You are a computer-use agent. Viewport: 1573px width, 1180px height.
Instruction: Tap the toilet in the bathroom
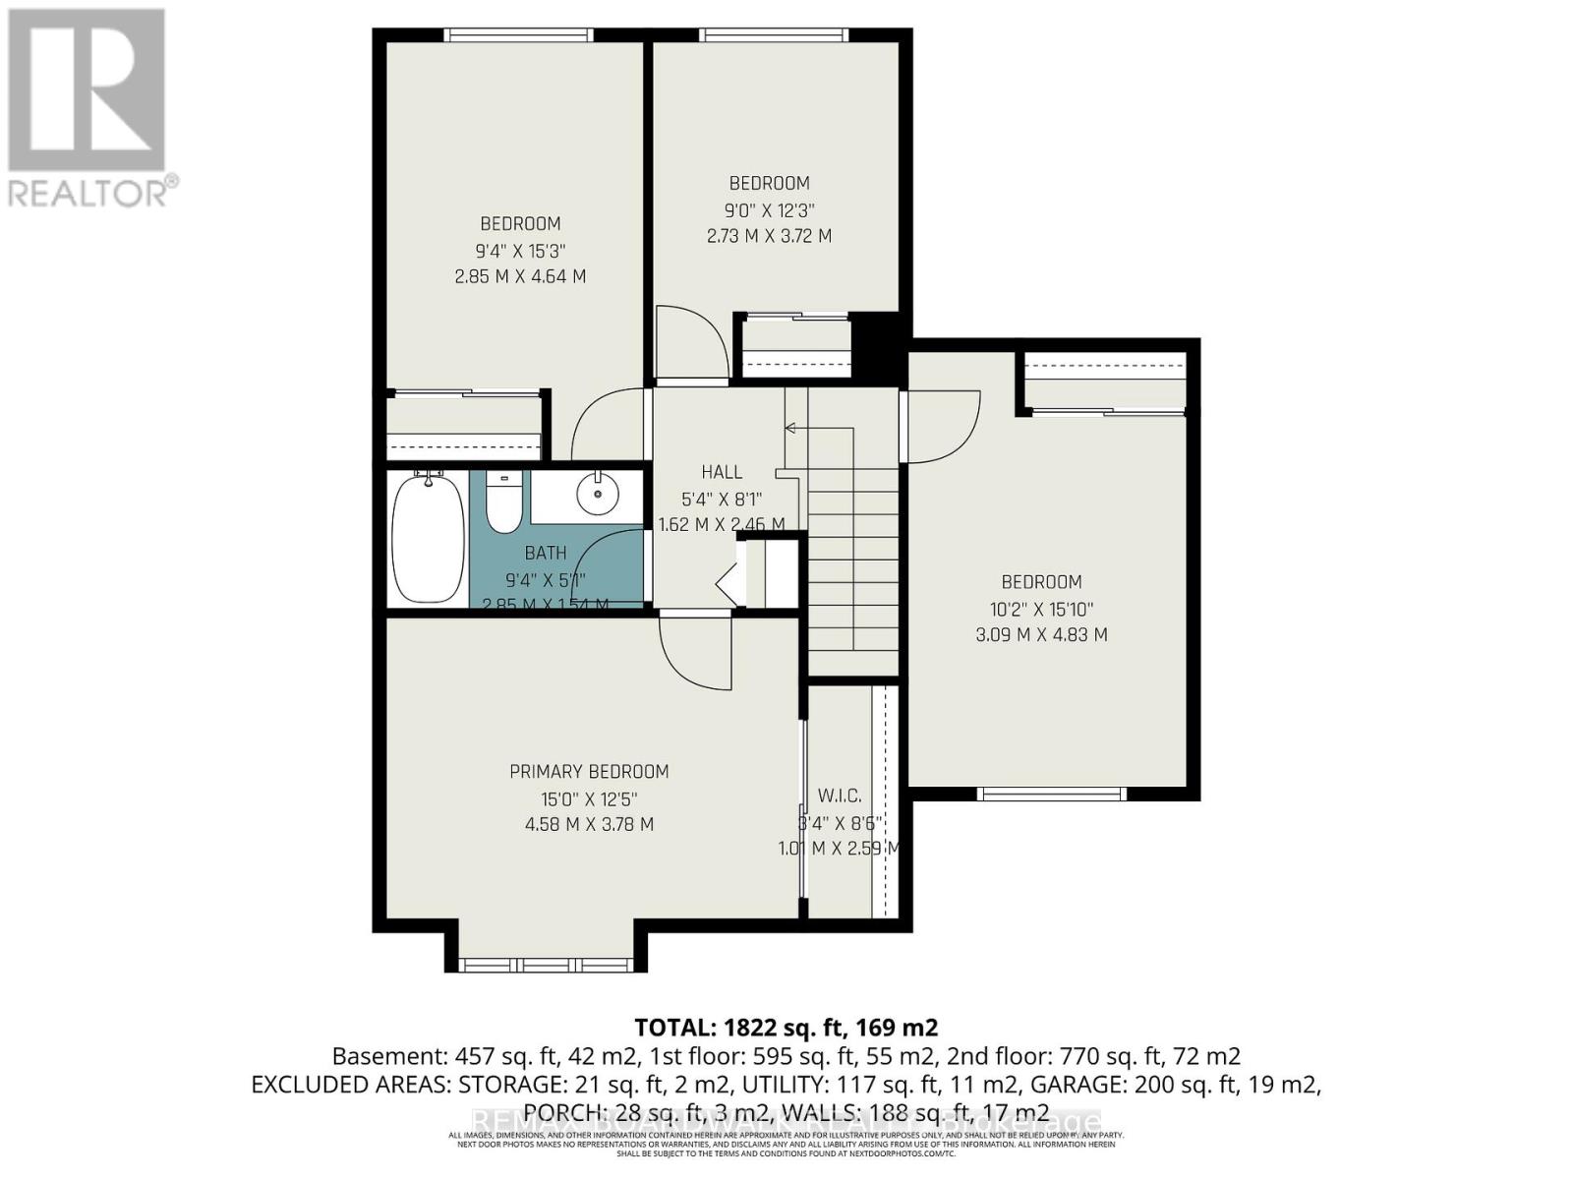(x=503, y=502)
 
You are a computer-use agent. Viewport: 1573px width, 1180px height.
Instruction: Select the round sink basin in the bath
(x=596, y=495)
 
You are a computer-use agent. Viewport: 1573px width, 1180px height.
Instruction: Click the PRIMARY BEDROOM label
(x=589, y=772)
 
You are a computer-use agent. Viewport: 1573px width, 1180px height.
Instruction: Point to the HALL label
(x=722, y=472)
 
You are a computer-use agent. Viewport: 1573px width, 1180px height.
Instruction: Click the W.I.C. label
(x=839, y=796)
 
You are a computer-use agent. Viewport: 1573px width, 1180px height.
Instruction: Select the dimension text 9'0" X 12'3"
(x=769, y=209)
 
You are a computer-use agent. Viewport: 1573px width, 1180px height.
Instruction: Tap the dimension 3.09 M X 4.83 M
(x=1041, y=635)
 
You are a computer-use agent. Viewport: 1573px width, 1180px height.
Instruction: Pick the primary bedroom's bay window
(x=551, y=964)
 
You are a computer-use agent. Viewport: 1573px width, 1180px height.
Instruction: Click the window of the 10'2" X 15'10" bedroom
(x=1051, y=794)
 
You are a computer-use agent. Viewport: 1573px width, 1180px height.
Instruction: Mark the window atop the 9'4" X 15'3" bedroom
(x=518, y=35)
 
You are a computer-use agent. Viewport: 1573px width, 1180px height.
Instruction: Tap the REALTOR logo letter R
(x=86, y=90)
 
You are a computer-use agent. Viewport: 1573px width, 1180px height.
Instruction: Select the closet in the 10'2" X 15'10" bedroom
(x=1105, y=380)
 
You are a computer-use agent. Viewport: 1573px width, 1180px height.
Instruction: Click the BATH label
(x=545, y=553)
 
